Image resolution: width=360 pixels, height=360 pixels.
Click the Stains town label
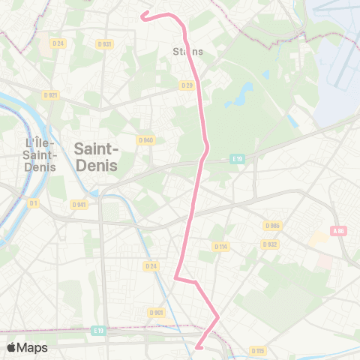pyautogui.click(x=187, y=51)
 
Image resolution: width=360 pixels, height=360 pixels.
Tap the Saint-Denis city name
pyautogui.click(x=96, y=157)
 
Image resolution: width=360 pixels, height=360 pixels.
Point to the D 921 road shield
pyautogui.click(x=50, y=94)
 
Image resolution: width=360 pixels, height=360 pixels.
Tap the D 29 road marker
pyautogui.click(x=187, y=85)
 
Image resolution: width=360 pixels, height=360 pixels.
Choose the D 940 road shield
pyautogui.click(x=145, y=139)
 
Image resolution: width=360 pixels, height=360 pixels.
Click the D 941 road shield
pyautogui.click(x=79, y=204)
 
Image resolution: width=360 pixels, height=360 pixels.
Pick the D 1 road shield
pyautogui.click(x=33, y=202)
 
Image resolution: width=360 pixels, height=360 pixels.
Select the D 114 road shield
pyautogui.click(x=220, y=246)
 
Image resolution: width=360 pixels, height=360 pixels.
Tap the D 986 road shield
pyautogui.click(x=271, y=225)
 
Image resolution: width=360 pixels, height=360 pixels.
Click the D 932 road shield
pyautogui.click(x=270, y=244)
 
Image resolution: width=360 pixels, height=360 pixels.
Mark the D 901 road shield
pyautogui.click(x=156, y=313)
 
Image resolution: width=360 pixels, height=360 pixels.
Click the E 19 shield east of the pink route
pyautogui.click(x=238, y=159)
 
